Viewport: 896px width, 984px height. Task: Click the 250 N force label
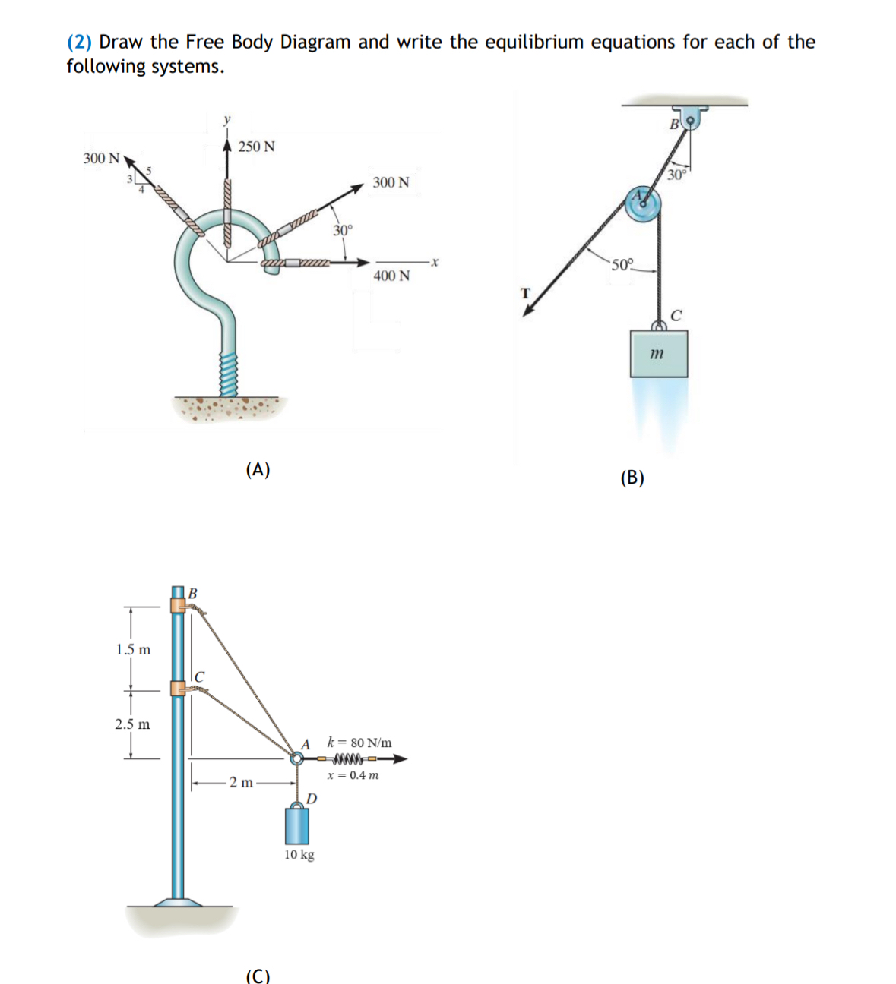tap(256, 147)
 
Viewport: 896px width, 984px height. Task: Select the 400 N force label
tap(391, 276)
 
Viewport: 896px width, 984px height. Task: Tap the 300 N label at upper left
tap(101, 159)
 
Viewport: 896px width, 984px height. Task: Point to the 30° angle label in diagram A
tap(343, 229)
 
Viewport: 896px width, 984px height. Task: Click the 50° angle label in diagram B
tap(621, 265)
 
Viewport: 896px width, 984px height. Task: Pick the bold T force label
tap(524, 292)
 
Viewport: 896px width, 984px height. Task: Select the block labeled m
tap(658, 353)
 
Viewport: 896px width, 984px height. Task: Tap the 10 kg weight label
tap(299, 855)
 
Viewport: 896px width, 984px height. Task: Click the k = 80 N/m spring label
tap(359, 742)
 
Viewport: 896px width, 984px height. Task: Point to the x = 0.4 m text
tap(353, 775)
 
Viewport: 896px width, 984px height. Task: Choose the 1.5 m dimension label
tap(133, 650)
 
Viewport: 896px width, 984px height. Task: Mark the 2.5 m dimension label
tap(132, 724)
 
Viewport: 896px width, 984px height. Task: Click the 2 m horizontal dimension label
tap(241, 782)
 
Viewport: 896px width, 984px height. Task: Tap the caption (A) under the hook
tap(258, 469)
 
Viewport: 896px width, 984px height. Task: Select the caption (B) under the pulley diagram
tap(632, 478)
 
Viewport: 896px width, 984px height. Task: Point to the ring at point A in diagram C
tap(296, 758)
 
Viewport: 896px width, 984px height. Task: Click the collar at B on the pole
tap(178, 605)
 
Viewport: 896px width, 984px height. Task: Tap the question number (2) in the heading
tap(79, 42)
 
